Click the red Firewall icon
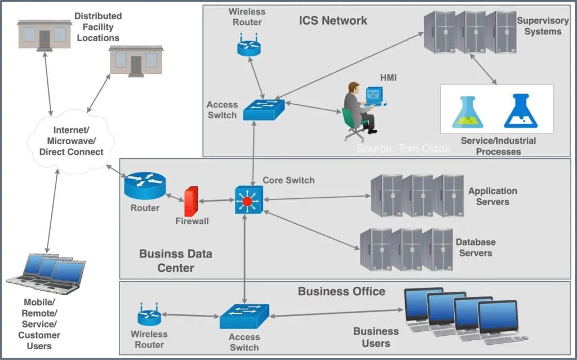tap(190, 201)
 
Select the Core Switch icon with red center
tap(247, 201)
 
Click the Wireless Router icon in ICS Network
tap(248, 45)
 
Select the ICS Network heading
tap(333, 21)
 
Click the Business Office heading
tap(341, 291)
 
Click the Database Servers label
tap(476, 247)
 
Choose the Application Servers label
tap(492, 196)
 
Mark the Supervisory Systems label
tap(543, 26)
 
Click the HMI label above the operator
tap(388, 78)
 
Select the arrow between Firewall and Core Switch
tap(216, 200)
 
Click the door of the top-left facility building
tap(45, 39)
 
